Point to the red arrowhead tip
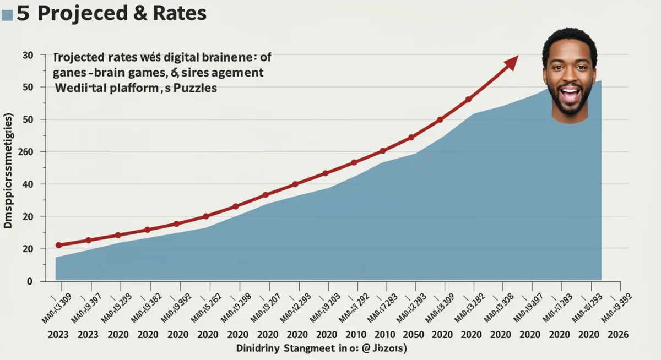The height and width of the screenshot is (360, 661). click(517, 56)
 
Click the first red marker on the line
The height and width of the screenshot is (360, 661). click(59, 245)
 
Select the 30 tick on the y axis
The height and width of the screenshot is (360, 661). click(28, 55)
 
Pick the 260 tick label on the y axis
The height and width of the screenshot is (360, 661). click(25, 152)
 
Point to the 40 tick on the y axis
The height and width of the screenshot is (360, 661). click(28, 184)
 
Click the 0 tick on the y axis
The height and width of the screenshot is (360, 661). click(30, 281)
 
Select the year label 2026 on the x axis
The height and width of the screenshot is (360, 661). click(618, 335)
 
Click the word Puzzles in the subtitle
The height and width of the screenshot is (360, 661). click(195, 88)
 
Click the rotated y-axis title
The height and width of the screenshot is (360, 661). click(9, 171)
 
